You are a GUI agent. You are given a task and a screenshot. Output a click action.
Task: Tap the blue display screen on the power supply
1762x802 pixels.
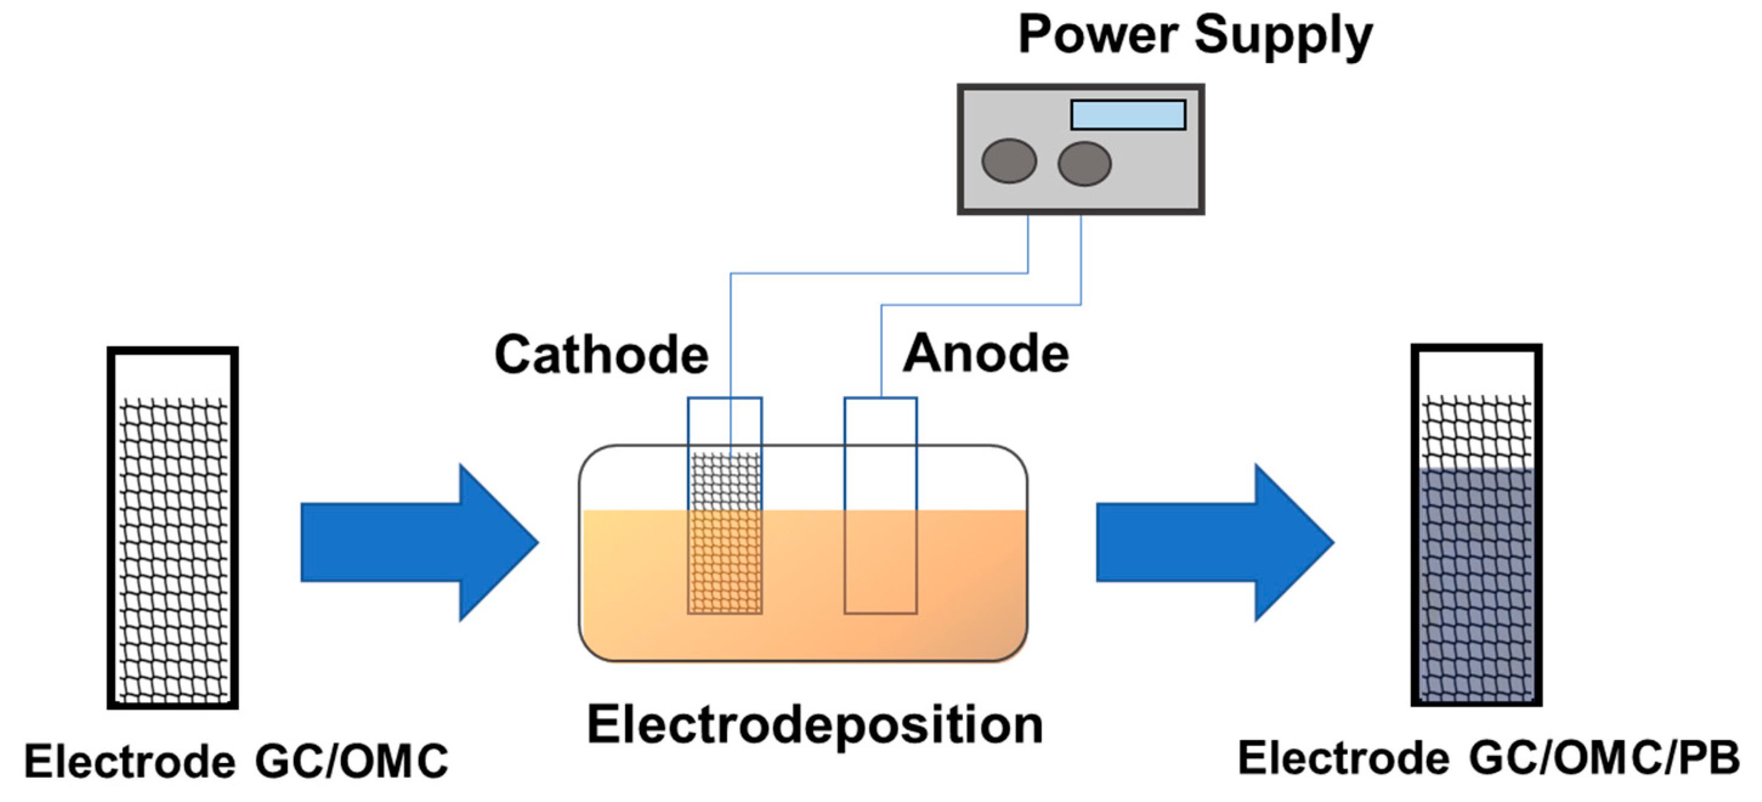click(x=1128, y=115)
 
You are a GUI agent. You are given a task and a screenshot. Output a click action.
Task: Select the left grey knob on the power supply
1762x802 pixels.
click(x=1009, y=161)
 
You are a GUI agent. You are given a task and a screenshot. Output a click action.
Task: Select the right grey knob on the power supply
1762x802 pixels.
click(x=1084, y=163)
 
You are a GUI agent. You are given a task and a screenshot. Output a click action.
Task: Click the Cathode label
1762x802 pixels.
click(x=601, y=355)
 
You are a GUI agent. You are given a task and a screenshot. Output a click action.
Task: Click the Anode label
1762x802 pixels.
click(x=985, y=353)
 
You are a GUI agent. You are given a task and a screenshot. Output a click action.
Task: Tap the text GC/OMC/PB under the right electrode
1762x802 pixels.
click(x=1604, y=758)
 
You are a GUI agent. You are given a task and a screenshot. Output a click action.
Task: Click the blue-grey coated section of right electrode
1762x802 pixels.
click(x=1476, y=581)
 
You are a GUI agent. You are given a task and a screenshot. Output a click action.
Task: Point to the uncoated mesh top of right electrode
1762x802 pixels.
click(x=1476, y=430)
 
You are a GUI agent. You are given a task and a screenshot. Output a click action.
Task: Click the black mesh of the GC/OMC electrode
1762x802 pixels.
click(x=172, y=547)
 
